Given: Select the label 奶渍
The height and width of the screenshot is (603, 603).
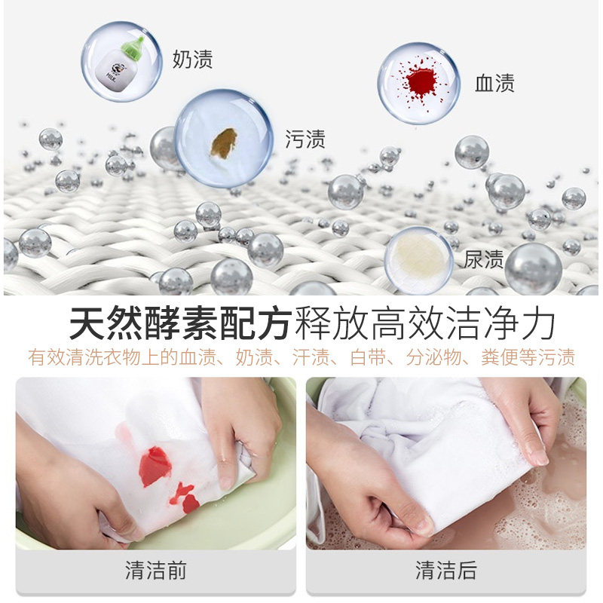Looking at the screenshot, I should pos(192,60).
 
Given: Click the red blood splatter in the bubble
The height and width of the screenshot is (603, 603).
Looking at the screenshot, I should pos(420,81).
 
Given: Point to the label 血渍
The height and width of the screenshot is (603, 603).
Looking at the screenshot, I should pos(494,83).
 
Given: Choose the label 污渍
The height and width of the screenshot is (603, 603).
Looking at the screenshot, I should pos(305,139).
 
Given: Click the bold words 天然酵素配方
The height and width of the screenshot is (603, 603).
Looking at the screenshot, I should pos(179,325).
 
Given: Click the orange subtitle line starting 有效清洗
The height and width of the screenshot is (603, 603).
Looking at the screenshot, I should pos(301,357).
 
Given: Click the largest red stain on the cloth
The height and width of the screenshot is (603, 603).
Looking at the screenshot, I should pos(155,466).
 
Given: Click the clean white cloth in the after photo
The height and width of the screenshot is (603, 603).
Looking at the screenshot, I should pos(422,422).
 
